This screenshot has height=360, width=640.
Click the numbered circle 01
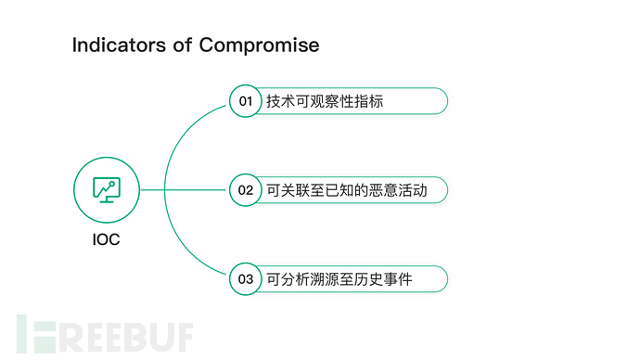(x=245, y=101)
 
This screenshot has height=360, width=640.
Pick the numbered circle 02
(x=245, y=190)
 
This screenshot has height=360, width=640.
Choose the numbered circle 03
(x=245, y=278)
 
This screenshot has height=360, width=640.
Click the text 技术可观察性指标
(x=325, y=101)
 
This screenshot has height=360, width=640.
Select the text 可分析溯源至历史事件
(x=339, y=278)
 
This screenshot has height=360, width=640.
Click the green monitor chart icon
(x=106, y=189)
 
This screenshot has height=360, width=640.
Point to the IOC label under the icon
(x=106, y=239)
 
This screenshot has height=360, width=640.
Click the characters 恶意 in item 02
(x=376, y=190)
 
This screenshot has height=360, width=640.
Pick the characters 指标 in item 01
(x=368, y=101)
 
